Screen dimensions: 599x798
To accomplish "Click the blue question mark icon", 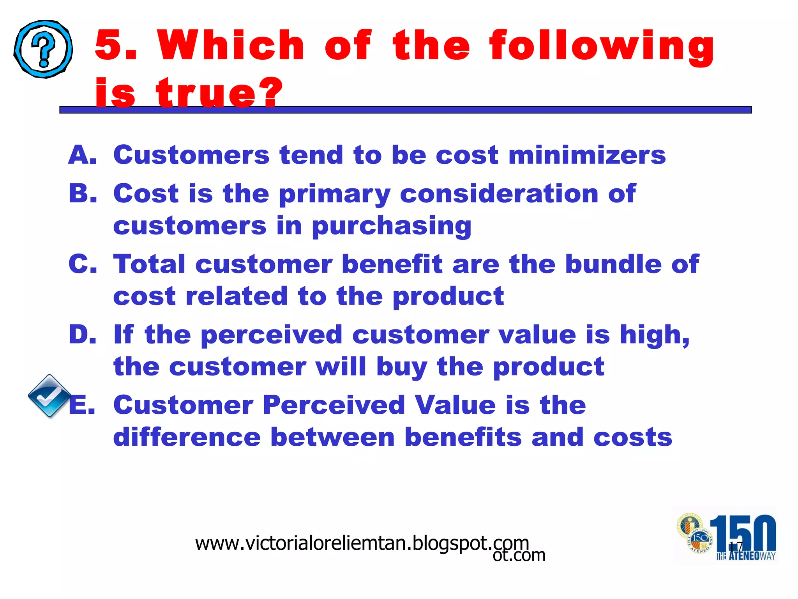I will click(x=43, y=49).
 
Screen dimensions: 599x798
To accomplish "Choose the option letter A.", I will click(x=82, y=155).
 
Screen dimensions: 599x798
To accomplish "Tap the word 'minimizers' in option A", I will click(x=587, y=155).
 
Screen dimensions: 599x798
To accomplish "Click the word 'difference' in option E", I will click(x=187, y=437).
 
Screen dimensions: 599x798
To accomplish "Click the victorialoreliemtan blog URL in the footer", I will click(x=362, y=543).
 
